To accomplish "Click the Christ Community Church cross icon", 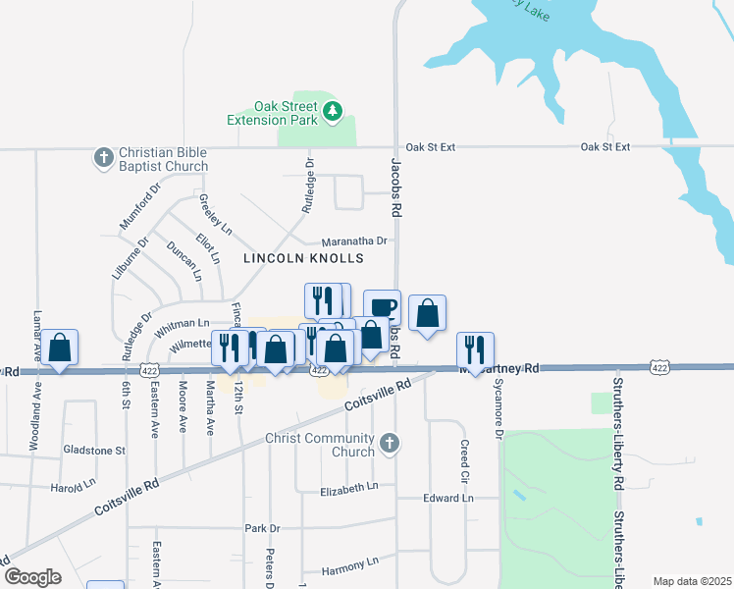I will pos(390,444).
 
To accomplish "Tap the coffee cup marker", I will pos(382,307).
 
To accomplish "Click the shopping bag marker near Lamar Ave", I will pos(59,348).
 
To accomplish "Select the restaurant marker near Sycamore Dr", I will pos(475,350).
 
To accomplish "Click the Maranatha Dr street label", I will pos(355,241).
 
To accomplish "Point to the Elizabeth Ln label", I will pos(349,487).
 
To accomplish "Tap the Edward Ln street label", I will pos(447,499).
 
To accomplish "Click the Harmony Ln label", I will pos(349,564).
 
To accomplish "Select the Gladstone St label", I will pos(94,450).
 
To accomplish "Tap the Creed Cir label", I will pos(464,460).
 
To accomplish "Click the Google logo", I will pos(33,577).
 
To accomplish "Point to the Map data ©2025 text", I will pos(692,581).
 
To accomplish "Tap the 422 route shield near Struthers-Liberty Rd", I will pos(659,367).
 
